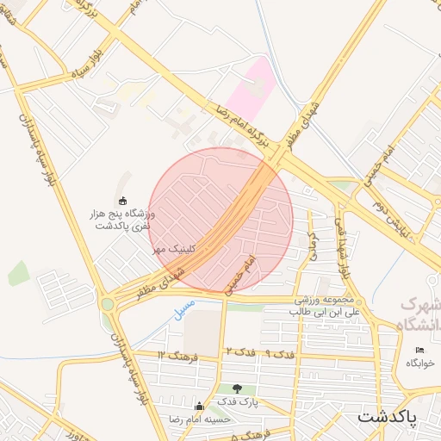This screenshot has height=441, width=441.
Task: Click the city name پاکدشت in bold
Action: click(387, 417)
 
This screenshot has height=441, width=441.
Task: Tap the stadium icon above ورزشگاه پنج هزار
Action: click(121, 201)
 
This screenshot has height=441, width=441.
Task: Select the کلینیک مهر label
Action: click(174, 248)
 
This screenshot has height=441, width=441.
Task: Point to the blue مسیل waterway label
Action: click(183, 308)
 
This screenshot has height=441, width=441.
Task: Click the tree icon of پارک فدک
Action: click(238, 388)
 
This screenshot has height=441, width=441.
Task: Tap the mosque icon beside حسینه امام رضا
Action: click(200, 407)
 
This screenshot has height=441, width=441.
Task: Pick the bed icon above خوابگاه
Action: click(419, 350)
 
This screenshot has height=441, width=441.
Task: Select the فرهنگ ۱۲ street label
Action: click(178, 355)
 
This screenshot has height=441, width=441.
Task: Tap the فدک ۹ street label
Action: click(279, 353)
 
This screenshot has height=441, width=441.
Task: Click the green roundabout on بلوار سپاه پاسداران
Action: click(108, 303)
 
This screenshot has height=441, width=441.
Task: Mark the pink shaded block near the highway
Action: click(252, 86)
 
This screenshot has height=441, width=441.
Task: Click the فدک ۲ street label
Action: click(240, 351)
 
